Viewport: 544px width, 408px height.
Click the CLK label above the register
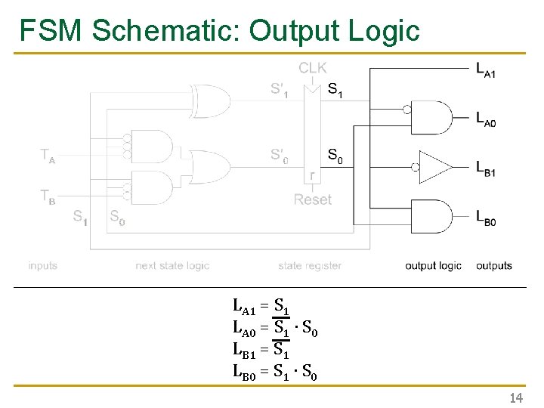(313, 68)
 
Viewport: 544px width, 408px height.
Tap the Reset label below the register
(313, 199)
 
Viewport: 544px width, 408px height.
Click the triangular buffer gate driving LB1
(435, 167)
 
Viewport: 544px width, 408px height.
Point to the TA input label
(47, 157)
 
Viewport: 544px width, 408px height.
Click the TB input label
(47, 196)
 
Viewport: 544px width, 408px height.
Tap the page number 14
(517, 397)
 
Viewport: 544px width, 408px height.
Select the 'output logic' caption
(433, 266)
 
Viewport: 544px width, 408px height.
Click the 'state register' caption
(310, 266)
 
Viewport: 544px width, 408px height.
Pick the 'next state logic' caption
(172, 266)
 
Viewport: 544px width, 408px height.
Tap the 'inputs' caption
(43, 266)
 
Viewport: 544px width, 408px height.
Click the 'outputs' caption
(494, 266)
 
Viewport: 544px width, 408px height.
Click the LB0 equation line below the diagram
(274, 372)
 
